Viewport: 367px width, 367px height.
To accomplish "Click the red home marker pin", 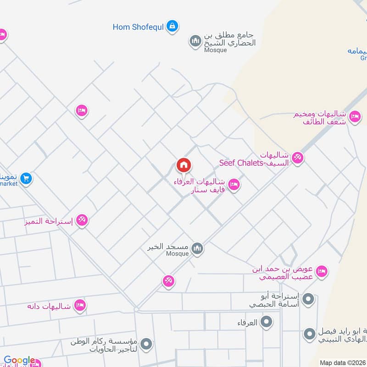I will point(183,165).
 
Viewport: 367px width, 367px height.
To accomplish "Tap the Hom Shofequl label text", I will point(138,27).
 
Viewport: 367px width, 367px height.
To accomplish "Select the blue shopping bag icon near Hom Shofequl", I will point(172,26).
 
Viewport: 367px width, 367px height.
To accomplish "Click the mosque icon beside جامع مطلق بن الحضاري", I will point(196,41).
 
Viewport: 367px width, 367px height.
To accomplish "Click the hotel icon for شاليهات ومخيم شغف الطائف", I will point(354,117).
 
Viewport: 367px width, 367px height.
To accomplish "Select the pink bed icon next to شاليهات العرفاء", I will point(234,185).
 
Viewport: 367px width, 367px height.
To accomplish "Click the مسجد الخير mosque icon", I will point(197,249).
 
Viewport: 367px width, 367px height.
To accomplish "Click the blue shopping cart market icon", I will point(26,178).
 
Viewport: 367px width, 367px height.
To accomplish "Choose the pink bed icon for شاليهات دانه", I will point(80,306).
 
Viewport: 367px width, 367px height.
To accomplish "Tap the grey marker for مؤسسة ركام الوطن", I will point(146,343).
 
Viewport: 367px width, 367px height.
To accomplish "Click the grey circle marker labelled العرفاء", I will point(266,323).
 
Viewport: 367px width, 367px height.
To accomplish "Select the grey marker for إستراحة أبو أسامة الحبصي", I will point(309,300).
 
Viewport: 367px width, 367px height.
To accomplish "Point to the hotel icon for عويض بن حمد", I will point(322,271).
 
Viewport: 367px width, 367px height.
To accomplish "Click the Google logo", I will point(19,361).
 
